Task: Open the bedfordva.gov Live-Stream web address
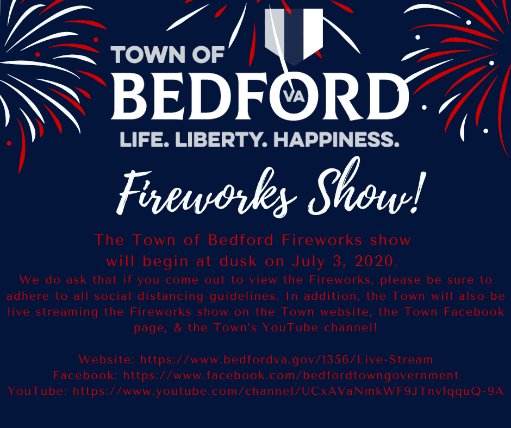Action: tap(286, 360)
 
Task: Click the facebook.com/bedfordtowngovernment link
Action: tap(291, 375)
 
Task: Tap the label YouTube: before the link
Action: tap(38, 391)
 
